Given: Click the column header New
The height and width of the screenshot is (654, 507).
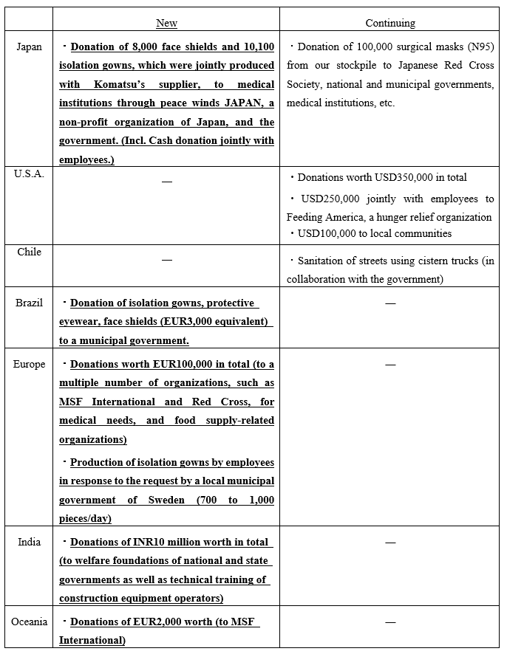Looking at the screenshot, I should [x=167, y=23].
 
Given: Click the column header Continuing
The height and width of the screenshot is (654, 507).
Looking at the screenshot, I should [x=390, y=23].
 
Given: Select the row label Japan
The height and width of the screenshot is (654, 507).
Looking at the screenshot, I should [x=30, y=47].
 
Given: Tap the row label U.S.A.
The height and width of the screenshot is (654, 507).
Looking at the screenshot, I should [x=29, y=174].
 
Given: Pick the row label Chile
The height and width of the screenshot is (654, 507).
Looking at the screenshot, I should [x=30, y=252].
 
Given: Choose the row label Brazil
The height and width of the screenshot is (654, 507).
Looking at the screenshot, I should [x=30, y=303].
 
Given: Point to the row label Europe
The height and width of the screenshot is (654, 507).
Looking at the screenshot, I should [x=30, y=364].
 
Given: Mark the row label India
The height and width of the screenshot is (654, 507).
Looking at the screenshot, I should [x=30, y=542].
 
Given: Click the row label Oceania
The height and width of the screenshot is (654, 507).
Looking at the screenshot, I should [x=30, y=622].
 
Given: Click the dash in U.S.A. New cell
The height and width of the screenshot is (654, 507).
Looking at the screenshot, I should [x=167, y=180].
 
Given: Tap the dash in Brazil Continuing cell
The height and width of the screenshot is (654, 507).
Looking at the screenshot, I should [x=390, y=302].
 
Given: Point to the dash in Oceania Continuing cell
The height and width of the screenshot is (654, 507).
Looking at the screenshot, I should [x=390, y=622].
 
